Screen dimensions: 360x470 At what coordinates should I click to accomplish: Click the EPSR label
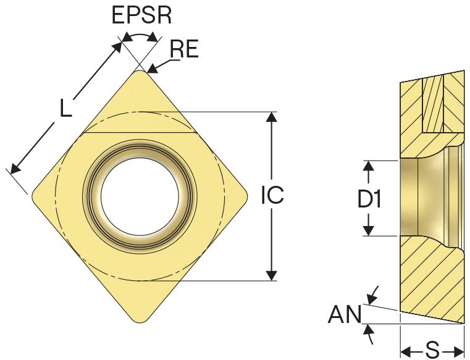pos(141,15)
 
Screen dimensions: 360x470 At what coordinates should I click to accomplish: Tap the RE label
pos(184,49)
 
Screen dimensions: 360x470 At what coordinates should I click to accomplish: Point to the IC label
pos(272,196)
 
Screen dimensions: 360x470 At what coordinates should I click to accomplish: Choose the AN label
pos(344,317)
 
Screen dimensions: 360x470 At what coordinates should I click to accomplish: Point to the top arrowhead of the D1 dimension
pos(369,165)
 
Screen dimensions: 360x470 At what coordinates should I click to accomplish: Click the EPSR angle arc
pos(138,37)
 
